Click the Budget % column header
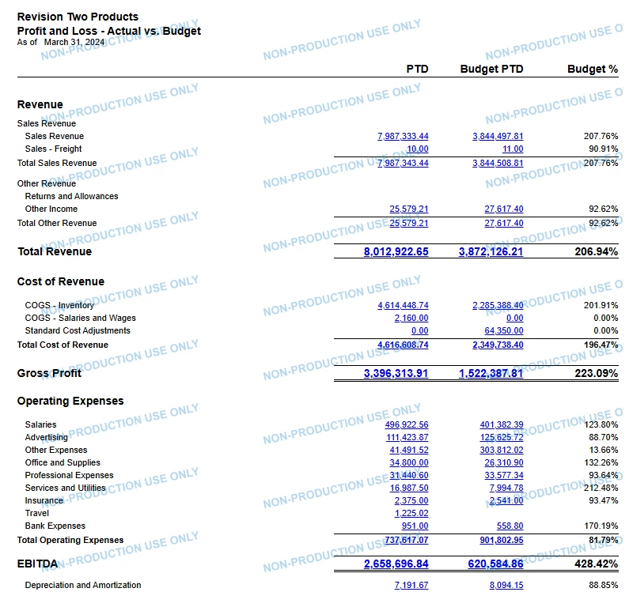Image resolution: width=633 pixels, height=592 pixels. [592, 70]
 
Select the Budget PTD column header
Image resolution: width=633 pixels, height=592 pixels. [491, 70]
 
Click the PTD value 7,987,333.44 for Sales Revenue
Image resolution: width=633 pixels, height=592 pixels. [403, 136]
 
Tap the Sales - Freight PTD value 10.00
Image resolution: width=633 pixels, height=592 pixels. [418, 149]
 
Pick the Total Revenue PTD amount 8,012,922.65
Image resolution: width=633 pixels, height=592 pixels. [396, 251]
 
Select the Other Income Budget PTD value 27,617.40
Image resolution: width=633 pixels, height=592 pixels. [503, 209]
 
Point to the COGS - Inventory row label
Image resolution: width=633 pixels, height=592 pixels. [59, 305]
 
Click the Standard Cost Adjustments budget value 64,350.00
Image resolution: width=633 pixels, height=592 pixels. [503, 330]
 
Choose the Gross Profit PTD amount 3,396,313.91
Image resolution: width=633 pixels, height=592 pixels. [396, 373]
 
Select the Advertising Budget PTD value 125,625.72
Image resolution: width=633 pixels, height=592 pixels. [501, 437]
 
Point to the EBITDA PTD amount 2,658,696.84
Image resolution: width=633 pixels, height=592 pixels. [396, 564]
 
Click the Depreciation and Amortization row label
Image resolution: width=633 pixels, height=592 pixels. [83, 585]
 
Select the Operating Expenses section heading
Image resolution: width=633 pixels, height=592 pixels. [70, 401]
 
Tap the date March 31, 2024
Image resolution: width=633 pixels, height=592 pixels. [75, 42]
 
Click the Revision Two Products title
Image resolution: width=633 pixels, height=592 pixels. [78, 17]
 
